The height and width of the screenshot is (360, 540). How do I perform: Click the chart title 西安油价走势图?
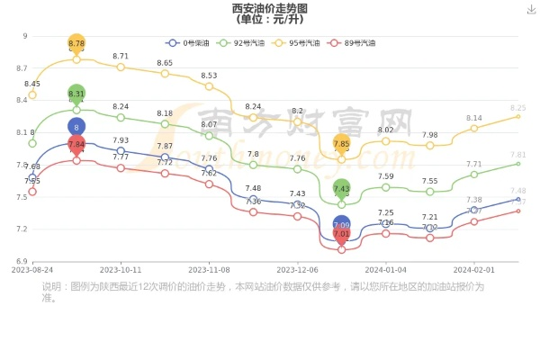pyautogui.click(x=269, y=8)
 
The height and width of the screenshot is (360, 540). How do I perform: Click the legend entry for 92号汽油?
pyautogui.click(x=251, y=42)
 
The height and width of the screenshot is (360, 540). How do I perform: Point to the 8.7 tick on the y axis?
pyautogui.click(x=21, y=68)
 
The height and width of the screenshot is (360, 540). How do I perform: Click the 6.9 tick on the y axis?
pyautogui.click(x=21, y=262)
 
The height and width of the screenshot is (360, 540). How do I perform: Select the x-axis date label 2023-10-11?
pyautogui.click(x=121, y=269)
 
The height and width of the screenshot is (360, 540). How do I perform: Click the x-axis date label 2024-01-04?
pyautogui.click(x=385, y=269)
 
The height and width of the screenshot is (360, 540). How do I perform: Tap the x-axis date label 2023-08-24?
pyautogui.click(x=32, y=269)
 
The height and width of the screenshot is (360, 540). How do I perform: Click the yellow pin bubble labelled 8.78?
pyautogui.click(x=76, y=43)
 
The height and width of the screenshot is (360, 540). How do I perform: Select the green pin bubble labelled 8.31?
pyautogui.click(x=76, y=94)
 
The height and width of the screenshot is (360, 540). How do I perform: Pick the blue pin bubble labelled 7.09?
pyautogui.click(x=341, y=226)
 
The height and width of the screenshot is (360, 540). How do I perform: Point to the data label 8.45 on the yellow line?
pyautogui.click(x=32, y=84)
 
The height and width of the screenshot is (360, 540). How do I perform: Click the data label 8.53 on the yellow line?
pyautogui.click(x=209, y=76)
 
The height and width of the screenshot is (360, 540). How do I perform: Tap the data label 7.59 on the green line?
pyautogui.click(x=385, y=176)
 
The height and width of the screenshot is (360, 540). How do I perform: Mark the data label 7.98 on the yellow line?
pyautogui.click(x=429, y=135)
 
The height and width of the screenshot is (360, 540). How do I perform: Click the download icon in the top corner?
pyautogui.click(x=531, y=8)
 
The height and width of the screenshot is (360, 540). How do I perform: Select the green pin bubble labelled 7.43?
pyautogui.click(x=341, y=188)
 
